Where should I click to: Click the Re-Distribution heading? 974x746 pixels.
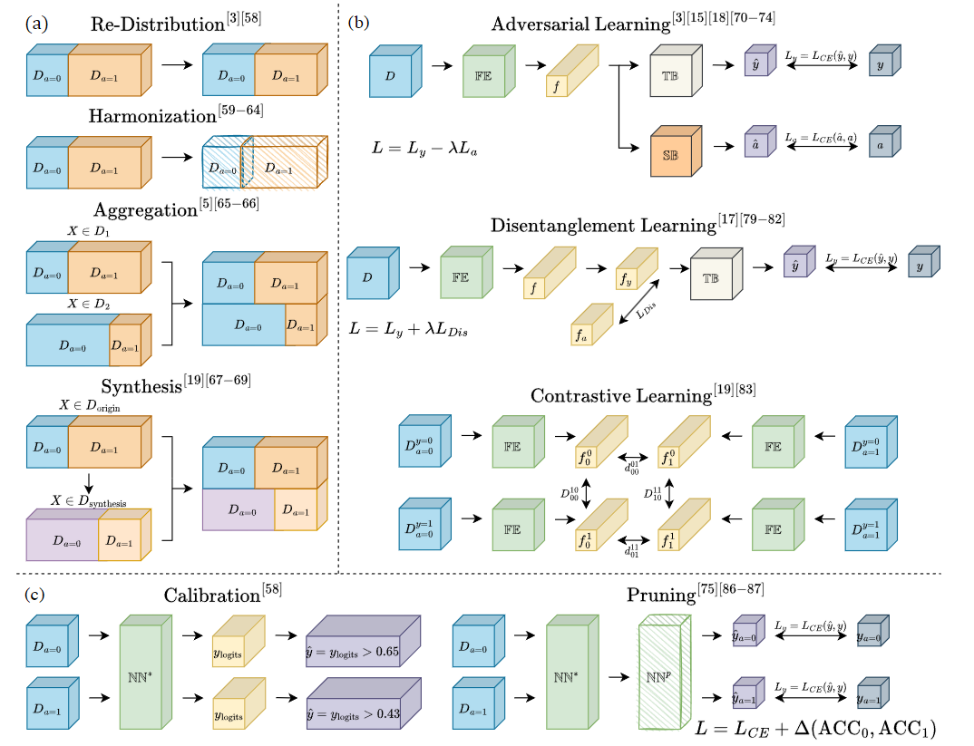pyautogui.click(x=159, y=25)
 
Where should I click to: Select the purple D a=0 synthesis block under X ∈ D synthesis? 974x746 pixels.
pyautogui.click(x=62, y=540)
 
